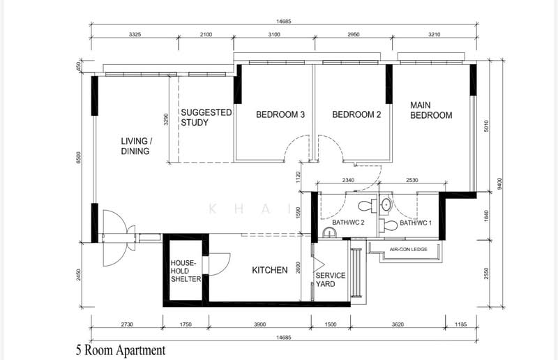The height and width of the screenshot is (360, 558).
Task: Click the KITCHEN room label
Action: pos(270,270)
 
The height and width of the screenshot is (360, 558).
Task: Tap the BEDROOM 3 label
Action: pos(280,114)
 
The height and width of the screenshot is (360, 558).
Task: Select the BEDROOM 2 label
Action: pos(356,114)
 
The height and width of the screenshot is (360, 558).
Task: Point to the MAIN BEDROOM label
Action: pos(431,110)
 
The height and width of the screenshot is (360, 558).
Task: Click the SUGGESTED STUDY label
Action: pos(206,117)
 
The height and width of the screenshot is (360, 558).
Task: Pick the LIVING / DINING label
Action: pos(137,146)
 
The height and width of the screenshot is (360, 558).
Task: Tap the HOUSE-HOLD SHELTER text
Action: pos(186,271)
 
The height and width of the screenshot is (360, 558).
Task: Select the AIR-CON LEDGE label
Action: pos(409,249)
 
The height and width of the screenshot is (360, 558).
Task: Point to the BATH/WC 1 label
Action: pos(416,223)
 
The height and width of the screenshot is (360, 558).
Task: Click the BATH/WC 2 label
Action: pos(348,223)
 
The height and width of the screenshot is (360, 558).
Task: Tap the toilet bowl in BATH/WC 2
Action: pos(368,205)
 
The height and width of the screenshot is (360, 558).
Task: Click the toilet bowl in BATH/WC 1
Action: pos(388,225)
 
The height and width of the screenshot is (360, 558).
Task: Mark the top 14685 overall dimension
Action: pos(284,22)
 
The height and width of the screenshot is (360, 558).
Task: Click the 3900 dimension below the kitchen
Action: pos(259,324)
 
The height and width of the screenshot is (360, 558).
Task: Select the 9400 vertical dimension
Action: pos(500,184)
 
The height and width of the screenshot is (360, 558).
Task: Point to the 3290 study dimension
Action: pos(166,119)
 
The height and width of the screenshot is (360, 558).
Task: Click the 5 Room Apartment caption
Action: pos(121,350)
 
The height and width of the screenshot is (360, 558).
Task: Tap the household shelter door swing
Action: pos(219,264)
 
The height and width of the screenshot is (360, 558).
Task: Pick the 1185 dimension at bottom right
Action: pos(460,324)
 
